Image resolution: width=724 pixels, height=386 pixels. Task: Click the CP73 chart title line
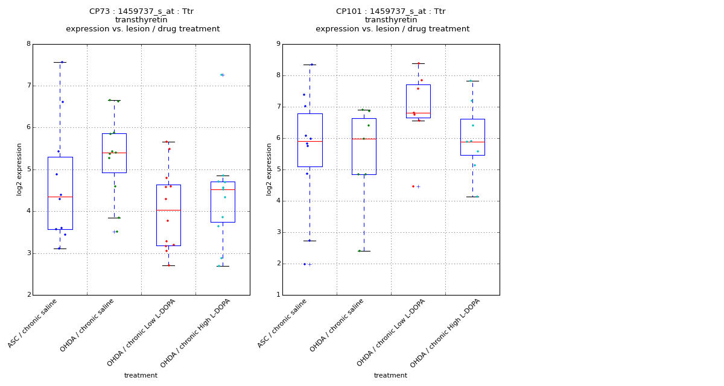click(141, 11)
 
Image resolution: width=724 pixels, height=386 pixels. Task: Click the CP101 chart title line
click(391, 11)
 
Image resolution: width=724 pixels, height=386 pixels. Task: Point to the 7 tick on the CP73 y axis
click(28, 86)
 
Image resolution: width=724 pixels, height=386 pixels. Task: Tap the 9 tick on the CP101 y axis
click(278, 44)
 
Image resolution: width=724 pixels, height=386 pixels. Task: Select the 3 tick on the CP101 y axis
click(278, 232)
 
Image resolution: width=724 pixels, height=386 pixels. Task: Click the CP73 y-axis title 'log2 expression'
click(19, 169)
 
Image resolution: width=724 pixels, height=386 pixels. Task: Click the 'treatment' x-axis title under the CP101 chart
click(390, 376)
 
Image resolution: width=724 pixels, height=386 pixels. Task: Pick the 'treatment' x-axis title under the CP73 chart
click(141, 376)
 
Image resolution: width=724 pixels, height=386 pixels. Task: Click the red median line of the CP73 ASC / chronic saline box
click(60, 197)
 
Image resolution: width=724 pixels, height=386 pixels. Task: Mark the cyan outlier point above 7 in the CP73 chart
click(221, 75)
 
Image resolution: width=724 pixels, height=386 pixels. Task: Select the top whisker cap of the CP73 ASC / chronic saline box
click(60, 62)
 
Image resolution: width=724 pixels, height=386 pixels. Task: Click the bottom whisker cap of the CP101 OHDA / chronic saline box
click(364, 251)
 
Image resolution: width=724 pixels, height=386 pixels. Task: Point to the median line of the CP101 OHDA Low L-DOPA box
click(418, 113)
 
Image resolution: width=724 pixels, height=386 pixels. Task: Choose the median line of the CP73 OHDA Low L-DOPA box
click(168, 210)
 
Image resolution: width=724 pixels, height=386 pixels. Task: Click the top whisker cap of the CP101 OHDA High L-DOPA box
click(472, 81)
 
